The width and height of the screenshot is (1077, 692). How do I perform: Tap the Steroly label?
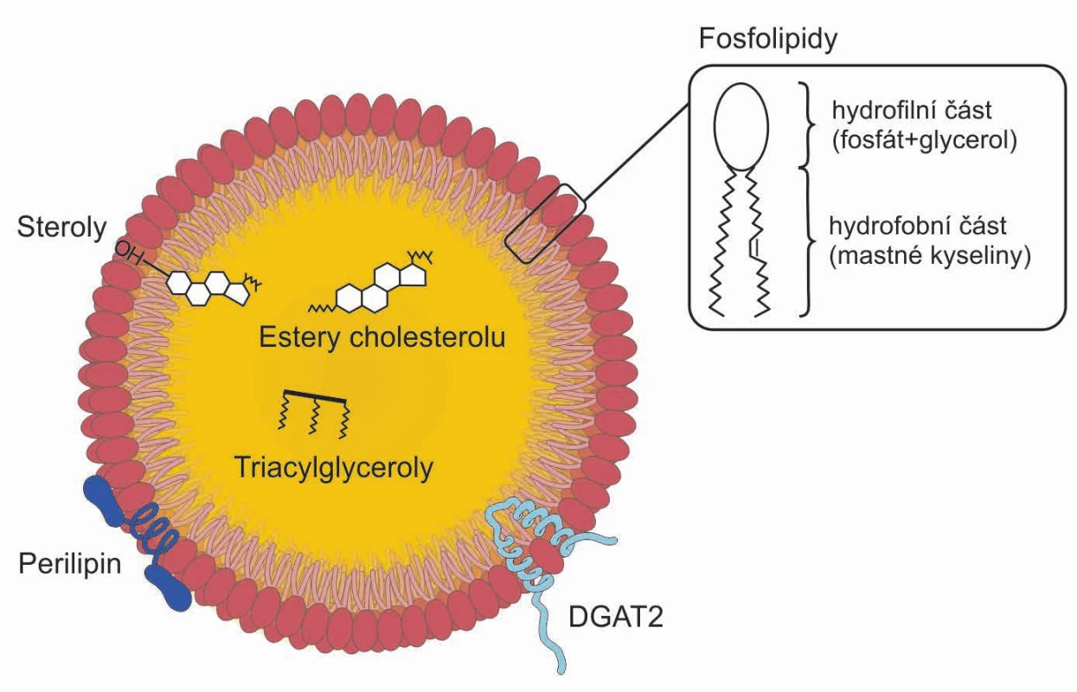pyautogui.click(x=61, y=227)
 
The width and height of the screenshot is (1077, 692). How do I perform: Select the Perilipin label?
pyautogui.click(x=70, y=563)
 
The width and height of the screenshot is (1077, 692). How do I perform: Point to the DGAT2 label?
pyautogui.click(x=616, y=617)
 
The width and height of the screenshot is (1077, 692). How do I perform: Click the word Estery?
pyautogui.click(x=300, y=337)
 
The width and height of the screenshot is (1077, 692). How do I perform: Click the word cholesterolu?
pyautogui.click(x=427, y=336)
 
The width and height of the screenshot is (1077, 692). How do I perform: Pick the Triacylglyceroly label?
pyautogui.click(x=334, y=467)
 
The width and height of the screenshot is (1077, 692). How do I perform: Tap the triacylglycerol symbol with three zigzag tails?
pyautogui.click(x=314, y=414)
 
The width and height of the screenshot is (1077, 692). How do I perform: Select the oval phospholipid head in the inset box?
pyautogui.click(x=740, y=127)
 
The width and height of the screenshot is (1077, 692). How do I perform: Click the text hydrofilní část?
pyautogui.click(x=912, y=111)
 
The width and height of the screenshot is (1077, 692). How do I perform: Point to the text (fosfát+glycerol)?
pyautogui.click(x=924, y=140)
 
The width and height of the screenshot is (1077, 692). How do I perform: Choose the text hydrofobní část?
pyautogui.click(x=918, y=226)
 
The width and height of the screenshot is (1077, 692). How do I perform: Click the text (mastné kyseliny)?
pyautogui.click(x=930, y=256)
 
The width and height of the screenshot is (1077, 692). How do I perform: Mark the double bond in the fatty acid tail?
pyautogui.click(x=753, y=247)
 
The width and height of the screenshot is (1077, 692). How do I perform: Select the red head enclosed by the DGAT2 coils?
pyautogui.click(x=547, y=556)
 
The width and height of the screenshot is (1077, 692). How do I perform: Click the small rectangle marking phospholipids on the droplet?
pyautogui.click(x=545, y=224)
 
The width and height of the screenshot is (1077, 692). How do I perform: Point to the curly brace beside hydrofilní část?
pyautogui.click(x=807, y=125)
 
